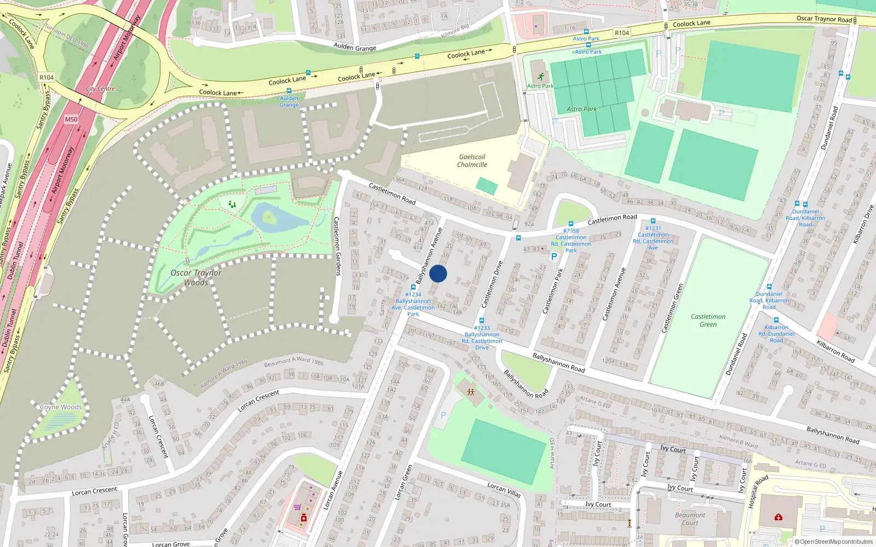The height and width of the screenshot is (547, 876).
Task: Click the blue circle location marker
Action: pyautogui.click(x=438, y=273)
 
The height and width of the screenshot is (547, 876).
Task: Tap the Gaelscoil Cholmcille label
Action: pyautogui.click(x=472, y=161)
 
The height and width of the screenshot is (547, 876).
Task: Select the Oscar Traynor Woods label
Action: pyautogui.click(x=196, y=277)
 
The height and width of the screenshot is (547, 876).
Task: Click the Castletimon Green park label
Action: pyautogui.click(x=708, y=321)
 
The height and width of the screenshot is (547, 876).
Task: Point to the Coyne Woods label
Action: pyautogui.click(x=61, y=407)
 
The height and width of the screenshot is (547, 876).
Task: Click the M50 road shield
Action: pyautogui.click(x=71, y=119)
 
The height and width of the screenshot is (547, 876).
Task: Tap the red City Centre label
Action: pyautogui.click(x=100, y=89)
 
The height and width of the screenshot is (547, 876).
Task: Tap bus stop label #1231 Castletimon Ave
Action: pyautogui.click(x=653, y=238)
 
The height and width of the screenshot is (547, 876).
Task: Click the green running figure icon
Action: pyautogui.click(x=541, y=77)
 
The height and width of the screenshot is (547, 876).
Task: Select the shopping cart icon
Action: pyautogui.click(x=297, y=507)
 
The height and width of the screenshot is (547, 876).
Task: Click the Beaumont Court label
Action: pyautogui.click(x=690, y=519)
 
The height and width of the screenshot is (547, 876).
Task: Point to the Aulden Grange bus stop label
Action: pyautogui.click(x=289, y=102)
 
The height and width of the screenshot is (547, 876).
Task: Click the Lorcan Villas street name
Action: pyautogui.click(x=504, y=490)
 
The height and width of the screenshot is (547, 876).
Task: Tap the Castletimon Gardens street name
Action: pyautogui.click(x=337, y=246)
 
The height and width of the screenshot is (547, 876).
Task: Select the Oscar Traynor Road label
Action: pyautogui.click(x=824, y=19)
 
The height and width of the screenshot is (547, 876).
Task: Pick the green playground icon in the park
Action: pyautogui.click(x=232, y=205)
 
